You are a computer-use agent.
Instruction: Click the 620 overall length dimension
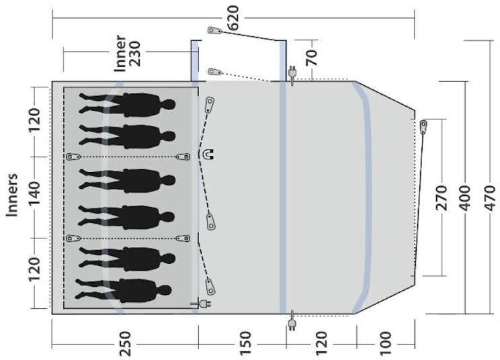pos(233,18)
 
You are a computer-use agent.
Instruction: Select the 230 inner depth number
pos(134,54)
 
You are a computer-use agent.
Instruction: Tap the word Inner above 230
pos(120,54)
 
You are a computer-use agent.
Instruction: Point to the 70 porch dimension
pos(312,58)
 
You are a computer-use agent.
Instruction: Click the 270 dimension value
pos(442,198)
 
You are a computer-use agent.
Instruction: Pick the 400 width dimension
pos(464,198)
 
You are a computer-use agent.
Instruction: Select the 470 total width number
pos(490,198)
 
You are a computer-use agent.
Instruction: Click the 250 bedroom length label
pos(125,344)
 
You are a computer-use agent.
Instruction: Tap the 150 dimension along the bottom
pos(245,344)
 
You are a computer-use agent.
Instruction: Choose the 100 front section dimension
pos(385,344)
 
